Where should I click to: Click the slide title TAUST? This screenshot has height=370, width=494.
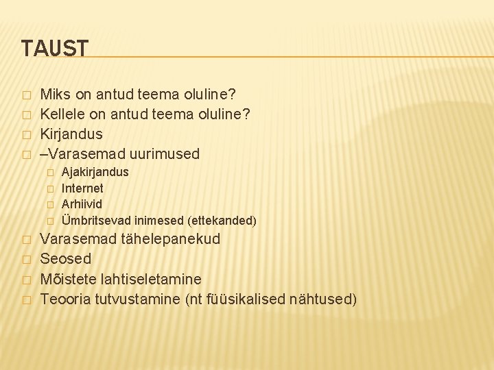coord(55,49)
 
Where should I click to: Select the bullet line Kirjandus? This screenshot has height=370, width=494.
coord(71,133)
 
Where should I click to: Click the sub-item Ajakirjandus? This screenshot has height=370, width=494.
coord(95,172)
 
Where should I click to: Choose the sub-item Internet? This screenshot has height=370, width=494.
coord(82,188)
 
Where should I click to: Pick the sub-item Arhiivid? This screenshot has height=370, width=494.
coord(82,204)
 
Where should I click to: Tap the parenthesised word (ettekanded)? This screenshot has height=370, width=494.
coord(220,221)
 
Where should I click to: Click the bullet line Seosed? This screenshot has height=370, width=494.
coord(66,259)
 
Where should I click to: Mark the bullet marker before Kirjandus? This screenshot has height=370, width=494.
coord(26,134)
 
